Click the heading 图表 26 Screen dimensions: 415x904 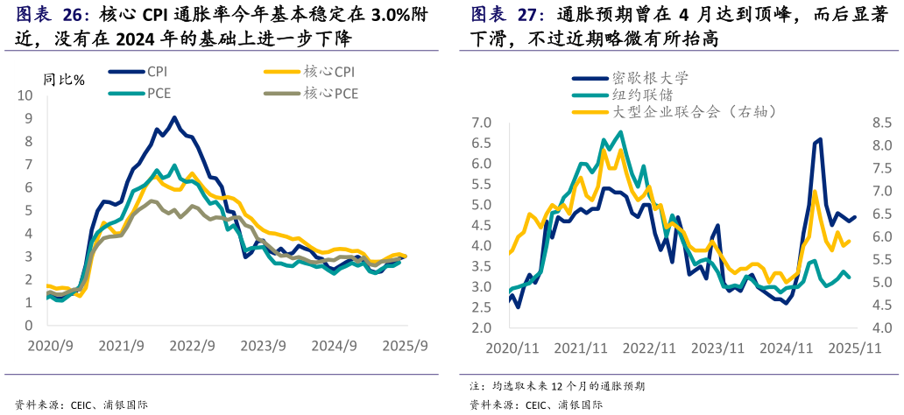[x=53, y=15]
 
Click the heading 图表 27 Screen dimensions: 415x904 [x=507, y=15]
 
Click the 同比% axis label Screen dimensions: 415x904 [x=64, y=80]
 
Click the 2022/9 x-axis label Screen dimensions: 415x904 [x=193, y=346]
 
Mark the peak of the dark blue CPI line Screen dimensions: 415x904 [x=174, y=117]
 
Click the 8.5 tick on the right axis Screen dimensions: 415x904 [x=880, y=123]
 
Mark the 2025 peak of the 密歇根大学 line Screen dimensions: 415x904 [x=820, y=139]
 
